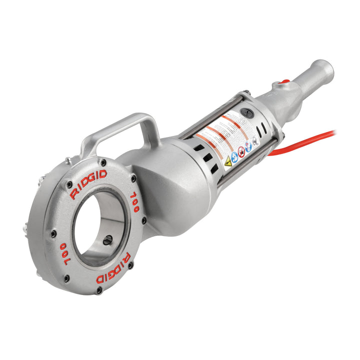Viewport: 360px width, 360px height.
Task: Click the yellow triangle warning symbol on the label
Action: (x=227, y=161)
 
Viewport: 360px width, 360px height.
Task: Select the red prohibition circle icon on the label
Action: (x=241, y=151)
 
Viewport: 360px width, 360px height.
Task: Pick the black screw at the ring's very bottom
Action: (x=99, y=289)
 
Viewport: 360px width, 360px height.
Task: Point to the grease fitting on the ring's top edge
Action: (x=67, y=161)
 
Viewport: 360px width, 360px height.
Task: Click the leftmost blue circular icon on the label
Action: (x=234, y=156)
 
